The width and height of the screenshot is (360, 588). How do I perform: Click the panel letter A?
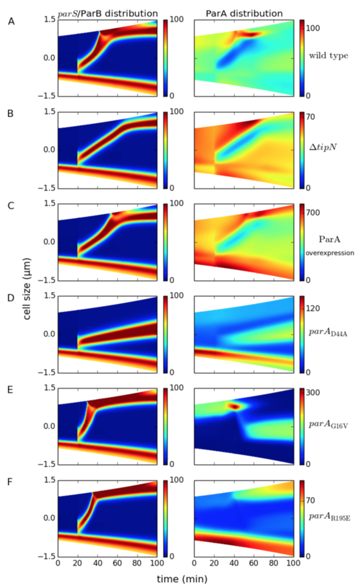pyautogui.click(x=11, y=21)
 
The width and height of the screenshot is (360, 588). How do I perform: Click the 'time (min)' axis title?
pyautogui.click(x=174, y=579)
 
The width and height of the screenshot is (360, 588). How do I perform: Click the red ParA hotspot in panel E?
pyautogui.click(x=235, y=406)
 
